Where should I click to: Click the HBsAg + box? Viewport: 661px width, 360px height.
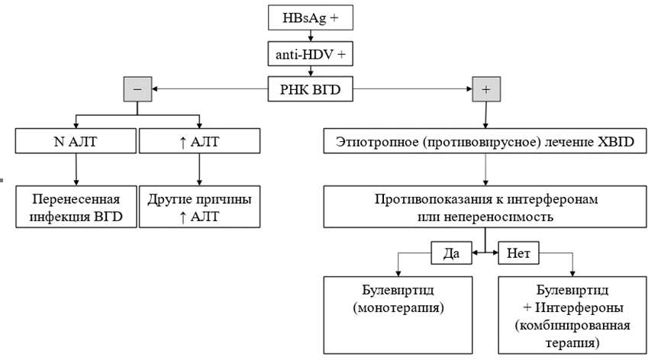310,18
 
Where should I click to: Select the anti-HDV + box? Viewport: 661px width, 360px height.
310,54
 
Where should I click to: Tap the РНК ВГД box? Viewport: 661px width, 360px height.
310,89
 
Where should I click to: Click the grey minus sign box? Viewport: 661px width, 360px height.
137,89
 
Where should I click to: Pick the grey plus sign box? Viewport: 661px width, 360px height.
486,89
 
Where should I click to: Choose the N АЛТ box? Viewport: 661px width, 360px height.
76,141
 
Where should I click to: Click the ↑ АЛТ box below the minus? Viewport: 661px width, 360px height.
199,141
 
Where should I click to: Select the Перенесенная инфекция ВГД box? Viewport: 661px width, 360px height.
76,207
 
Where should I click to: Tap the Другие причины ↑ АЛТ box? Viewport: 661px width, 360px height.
199,207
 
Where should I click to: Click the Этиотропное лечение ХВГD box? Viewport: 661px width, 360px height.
485,141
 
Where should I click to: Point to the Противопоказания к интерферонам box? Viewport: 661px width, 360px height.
485,207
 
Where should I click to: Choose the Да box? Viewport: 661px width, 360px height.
451,252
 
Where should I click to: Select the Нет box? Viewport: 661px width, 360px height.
518,252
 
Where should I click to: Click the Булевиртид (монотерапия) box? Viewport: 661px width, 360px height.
398,315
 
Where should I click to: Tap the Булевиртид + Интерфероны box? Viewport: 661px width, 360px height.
572,315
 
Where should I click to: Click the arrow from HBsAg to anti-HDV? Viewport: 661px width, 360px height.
311,36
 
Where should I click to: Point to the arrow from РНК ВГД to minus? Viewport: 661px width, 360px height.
210,88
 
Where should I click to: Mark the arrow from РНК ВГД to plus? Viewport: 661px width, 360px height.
413,88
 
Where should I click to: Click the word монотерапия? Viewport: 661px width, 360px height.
398,308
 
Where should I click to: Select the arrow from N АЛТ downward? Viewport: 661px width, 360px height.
76,169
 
